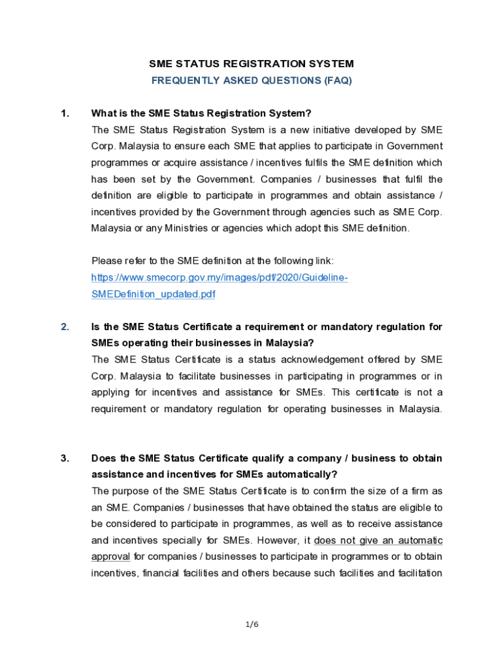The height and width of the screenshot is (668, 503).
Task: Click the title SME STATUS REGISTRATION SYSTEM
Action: (x=252, y=64)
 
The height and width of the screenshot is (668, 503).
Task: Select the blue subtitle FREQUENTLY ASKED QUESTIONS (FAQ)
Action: (x=252, y=81)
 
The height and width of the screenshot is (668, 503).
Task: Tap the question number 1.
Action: (x=65, y=114)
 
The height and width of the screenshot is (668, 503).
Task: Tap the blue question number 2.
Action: (x=65, y=327)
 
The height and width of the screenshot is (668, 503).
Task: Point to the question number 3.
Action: (x=65, y=459)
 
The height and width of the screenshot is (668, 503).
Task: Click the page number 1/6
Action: (x=252, y=624)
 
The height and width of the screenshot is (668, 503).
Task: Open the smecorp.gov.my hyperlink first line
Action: (x=219, y=278)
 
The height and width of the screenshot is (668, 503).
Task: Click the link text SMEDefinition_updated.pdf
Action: (x=153, y=294)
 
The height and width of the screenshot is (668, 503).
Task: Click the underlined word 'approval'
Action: (x=111, y=556)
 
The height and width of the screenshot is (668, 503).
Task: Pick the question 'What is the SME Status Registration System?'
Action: (x=197, y=114)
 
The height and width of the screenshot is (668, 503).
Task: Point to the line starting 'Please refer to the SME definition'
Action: (x=212, y=261)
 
